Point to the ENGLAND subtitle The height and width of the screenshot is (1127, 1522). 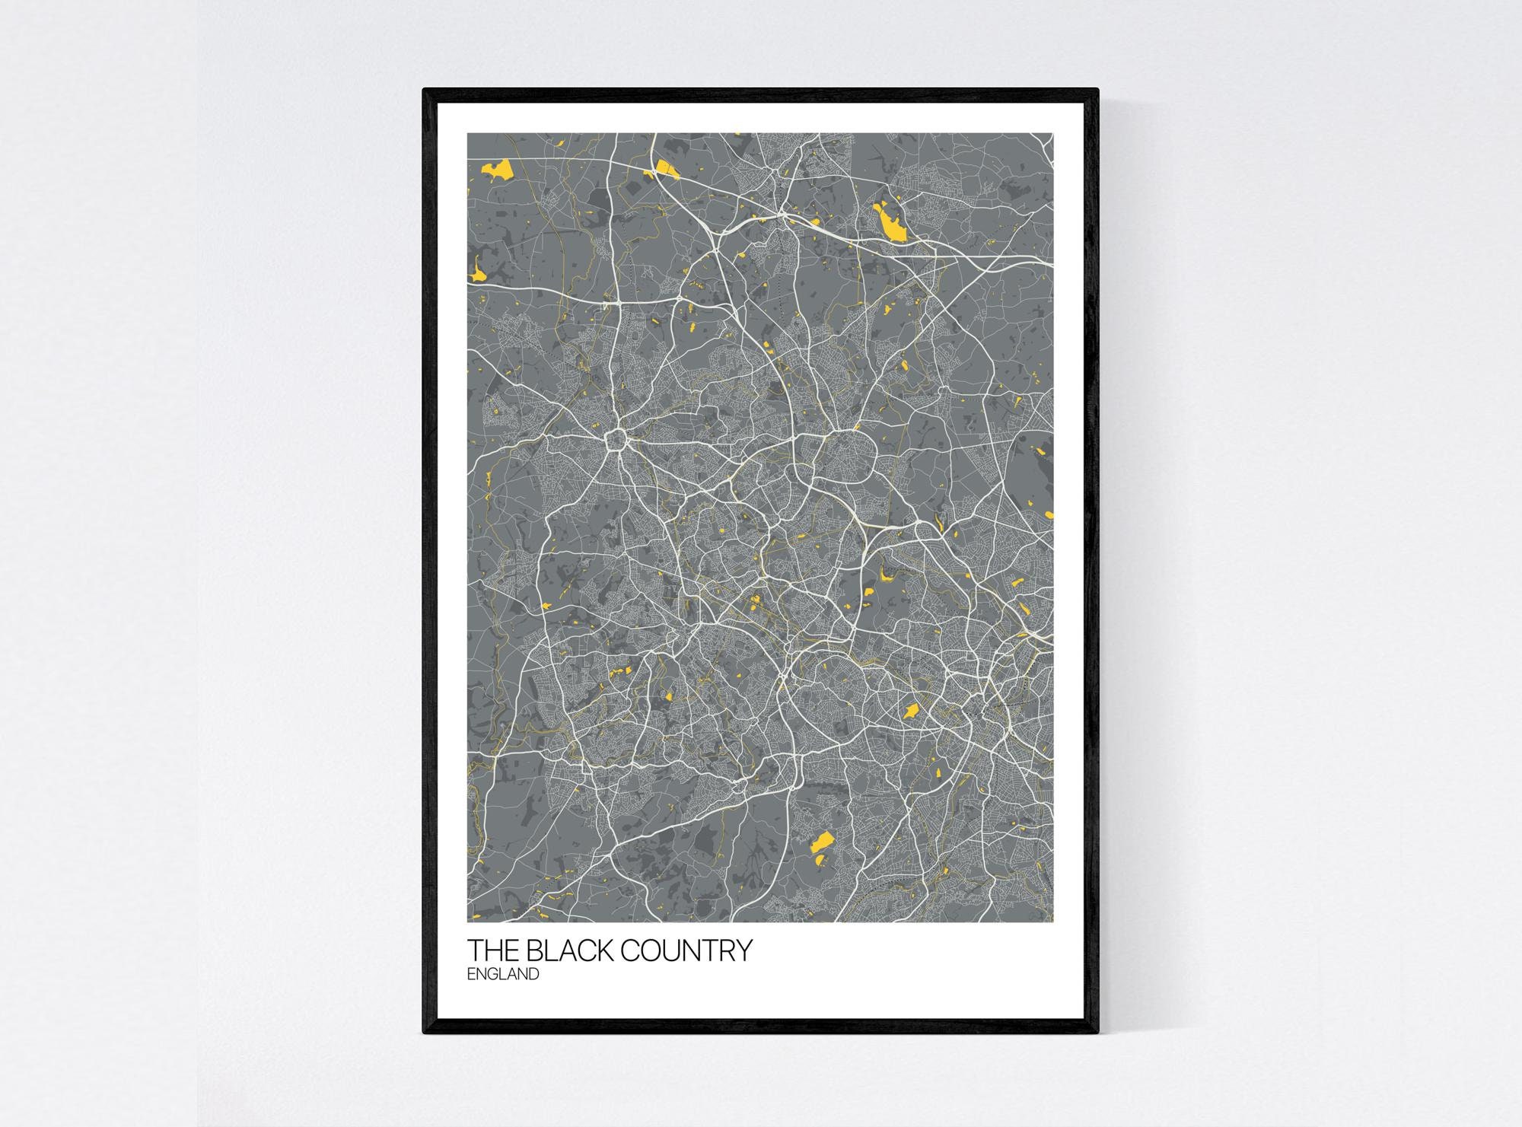503,974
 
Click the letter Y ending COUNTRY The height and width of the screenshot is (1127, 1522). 743,951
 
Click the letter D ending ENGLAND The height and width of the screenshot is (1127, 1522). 533,974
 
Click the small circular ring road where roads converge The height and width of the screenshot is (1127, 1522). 615,441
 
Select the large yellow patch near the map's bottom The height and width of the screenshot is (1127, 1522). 822,843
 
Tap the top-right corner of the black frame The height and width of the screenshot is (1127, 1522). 1097,91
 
